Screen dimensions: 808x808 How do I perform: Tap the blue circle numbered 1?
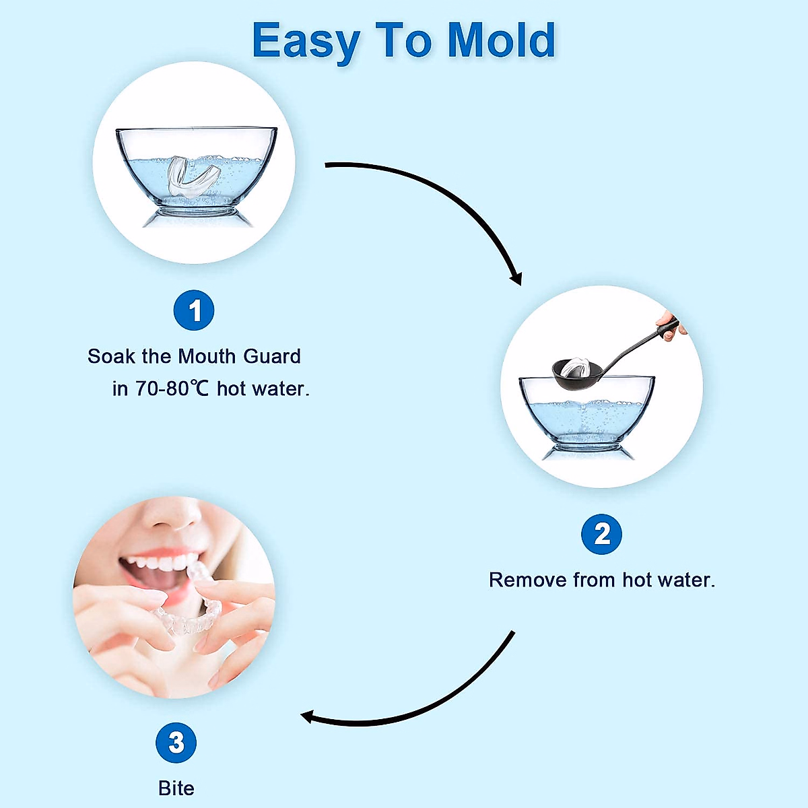[x=194, y=310]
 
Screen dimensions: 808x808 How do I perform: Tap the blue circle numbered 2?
[x=602, y=534]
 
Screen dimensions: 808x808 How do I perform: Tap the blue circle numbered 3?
[x=176, y=743]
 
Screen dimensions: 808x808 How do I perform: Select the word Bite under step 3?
[x=176, y=788]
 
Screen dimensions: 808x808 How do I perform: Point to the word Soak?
[x=112, y=356]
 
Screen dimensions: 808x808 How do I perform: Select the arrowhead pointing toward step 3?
[x=308, y=716]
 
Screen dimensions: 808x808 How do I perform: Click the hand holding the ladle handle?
[x=671, y=325]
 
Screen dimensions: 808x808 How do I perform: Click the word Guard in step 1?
[x=272, y=356]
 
